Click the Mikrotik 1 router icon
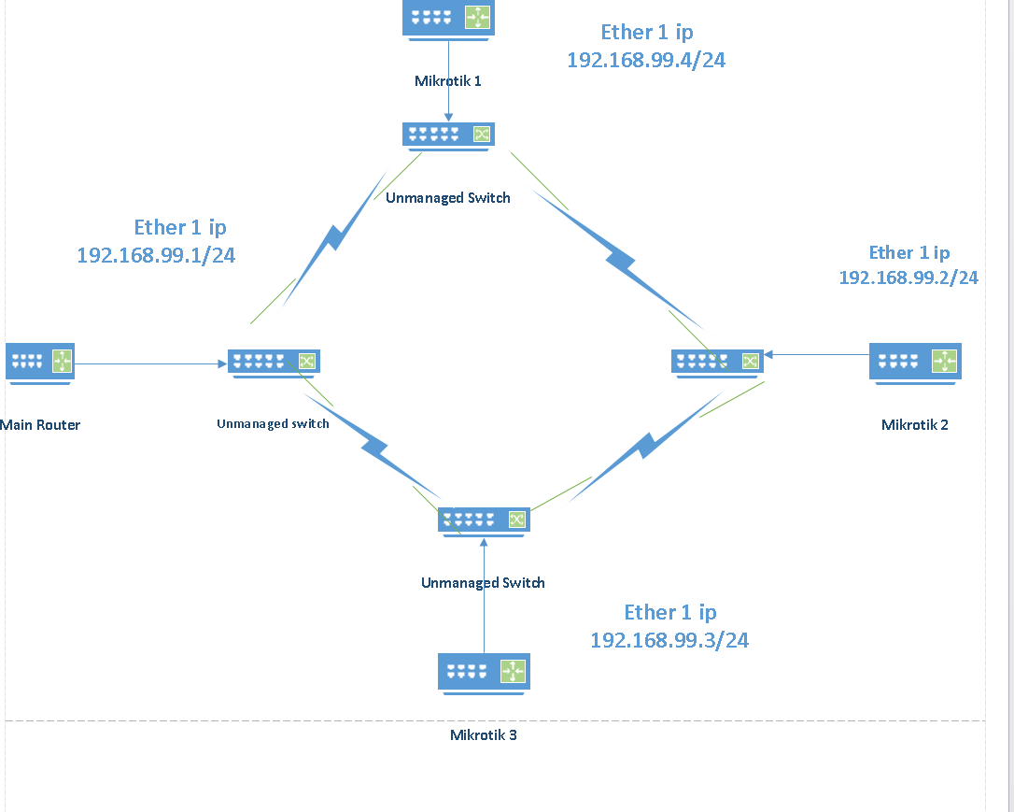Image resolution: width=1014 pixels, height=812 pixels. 449,19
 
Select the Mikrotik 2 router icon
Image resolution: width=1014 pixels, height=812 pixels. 915,362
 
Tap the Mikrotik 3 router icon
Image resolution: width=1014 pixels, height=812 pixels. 484,672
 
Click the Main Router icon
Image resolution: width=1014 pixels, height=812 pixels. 40,361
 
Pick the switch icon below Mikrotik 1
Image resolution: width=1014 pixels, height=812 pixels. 448,135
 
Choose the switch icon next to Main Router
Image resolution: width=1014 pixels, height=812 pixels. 274,362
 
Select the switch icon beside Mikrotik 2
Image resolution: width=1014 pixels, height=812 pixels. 717,362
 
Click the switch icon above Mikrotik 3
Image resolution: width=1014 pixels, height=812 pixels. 484,520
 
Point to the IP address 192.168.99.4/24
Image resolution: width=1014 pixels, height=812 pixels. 646,60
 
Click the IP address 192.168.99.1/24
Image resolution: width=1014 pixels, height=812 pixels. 156,255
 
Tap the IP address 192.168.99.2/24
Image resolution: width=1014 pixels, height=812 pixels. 908,278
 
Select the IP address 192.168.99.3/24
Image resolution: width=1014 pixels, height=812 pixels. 669,640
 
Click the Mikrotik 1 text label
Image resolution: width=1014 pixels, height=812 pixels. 448,81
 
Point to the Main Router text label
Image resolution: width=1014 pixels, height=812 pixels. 40,425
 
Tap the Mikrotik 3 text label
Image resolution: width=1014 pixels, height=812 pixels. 484,735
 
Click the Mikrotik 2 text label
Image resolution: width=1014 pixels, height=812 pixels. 915,425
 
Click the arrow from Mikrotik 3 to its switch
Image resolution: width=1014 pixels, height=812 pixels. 484,594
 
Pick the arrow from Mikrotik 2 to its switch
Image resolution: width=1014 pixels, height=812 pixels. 816,354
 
